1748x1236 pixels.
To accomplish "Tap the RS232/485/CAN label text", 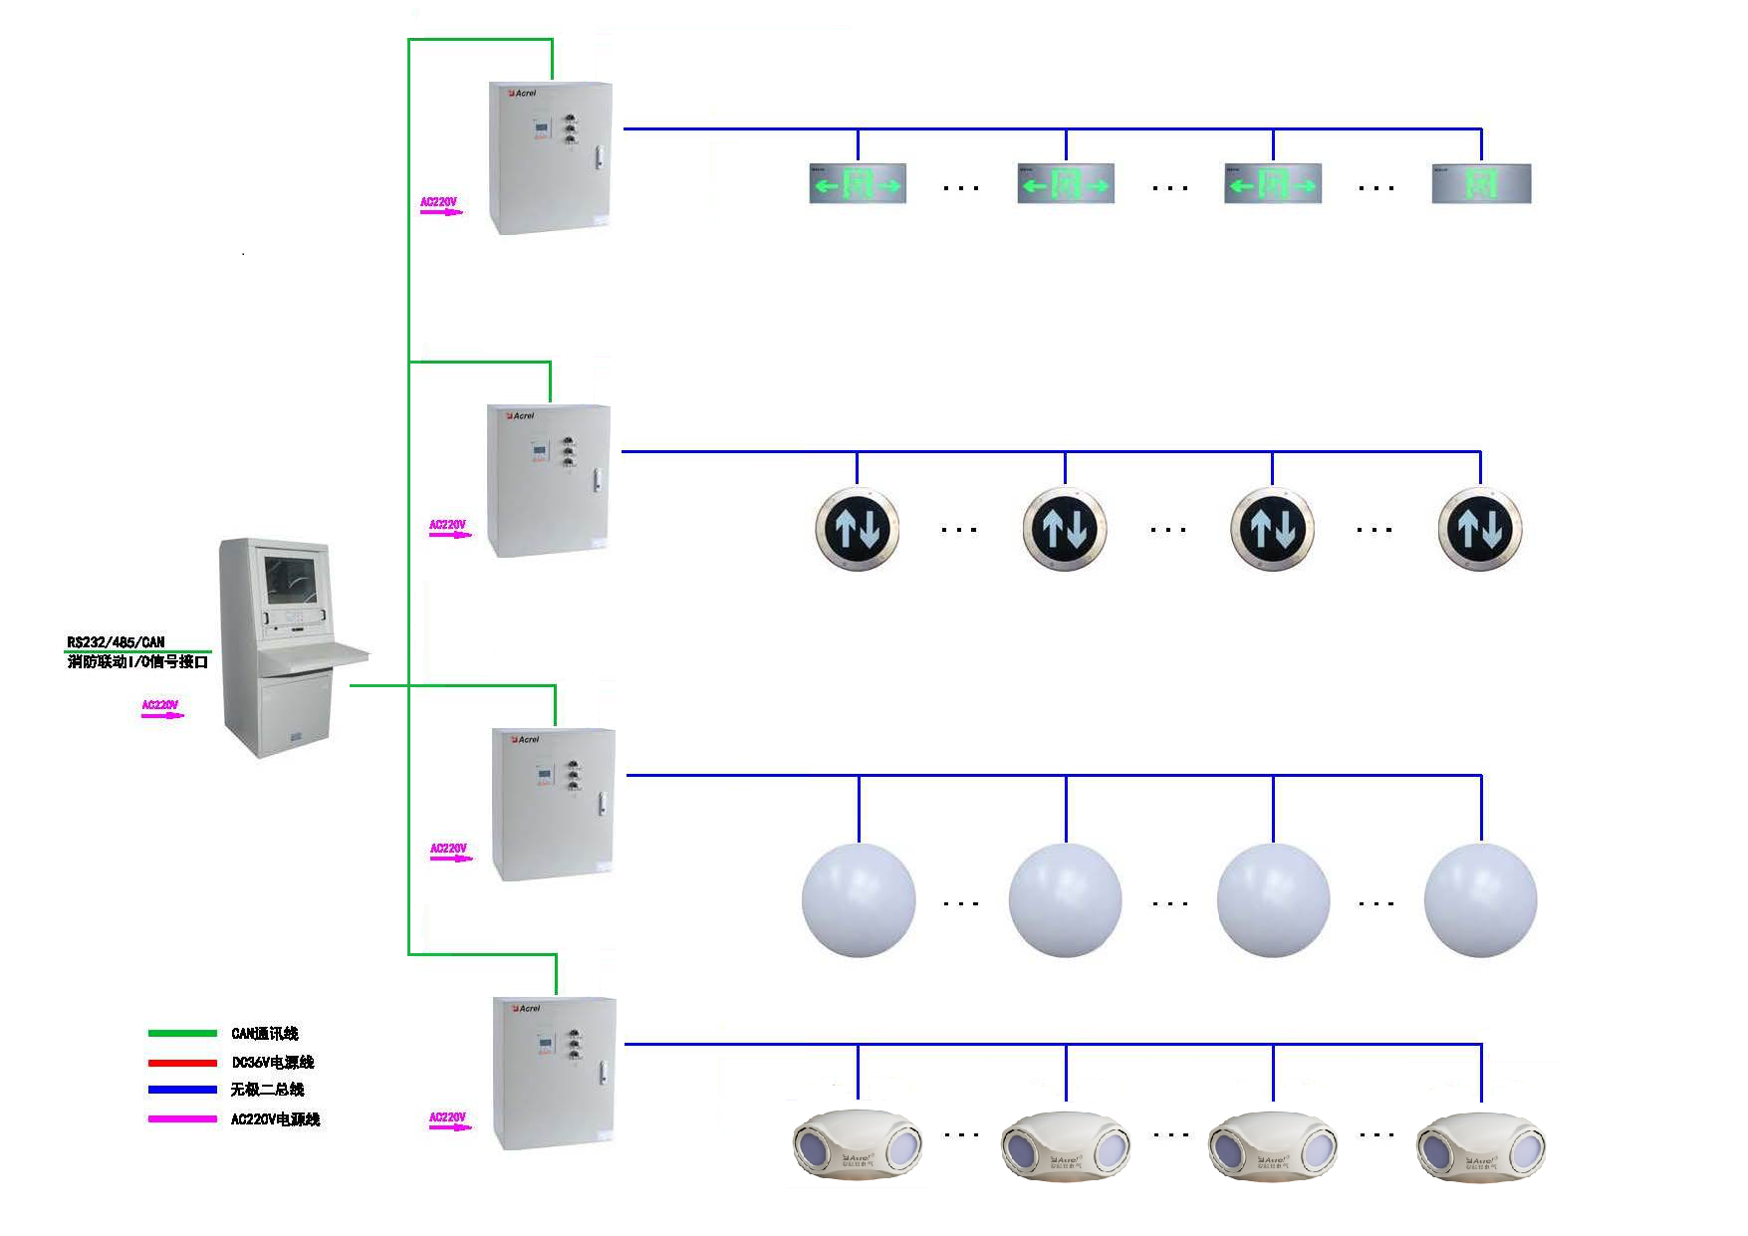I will [x=116, y=642].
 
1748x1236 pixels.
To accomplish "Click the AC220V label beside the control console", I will [x=159, y=705].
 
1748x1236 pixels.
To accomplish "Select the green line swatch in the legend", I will [x=182, y=1034].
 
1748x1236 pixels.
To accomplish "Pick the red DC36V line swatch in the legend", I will [x=182, y=1063].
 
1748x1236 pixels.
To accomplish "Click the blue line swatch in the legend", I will [x=182, y=1090].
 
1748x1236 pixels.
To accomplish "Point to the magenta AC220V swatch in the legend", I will [x=182, y=1119].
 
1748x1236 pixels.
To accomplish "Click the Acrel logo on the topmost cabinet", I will [x=524, y=94].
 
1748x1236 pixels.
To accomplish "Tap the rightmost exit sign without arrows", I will [x=1480, y=184].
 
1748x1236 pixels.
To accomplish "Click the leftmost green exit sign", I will [x=858, y=184].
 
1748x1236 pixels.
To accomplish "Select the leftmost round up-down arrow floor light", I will [x=858, y=529].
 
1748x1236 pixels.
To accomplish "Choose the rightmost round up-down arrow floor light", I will [x=1480, y=529].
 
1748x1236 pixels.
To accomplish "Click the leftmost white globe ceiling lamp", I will [x=858, y=900].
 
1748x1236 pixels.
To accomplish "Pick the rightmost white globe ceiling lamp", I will [x=1480, y=900].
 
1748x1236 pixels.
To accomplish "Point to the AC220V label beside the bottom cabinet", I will [x=447, y=1117].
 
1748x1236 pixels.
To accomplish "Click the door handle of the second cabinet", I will [x=597, y=480].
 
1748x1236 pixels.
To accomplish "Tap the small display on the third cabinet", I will [x=545, y=774].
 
